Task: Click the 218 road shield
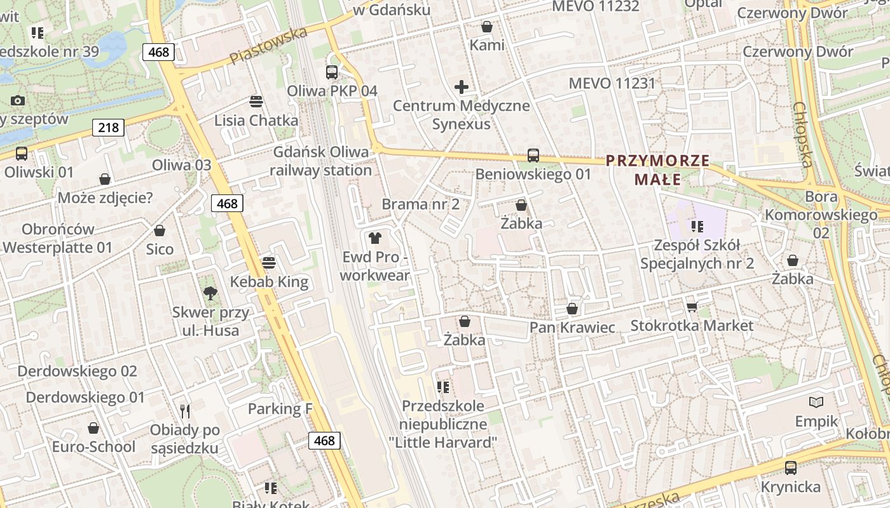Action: point(108,128)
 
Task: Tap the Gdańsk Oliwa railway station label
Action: point(320,161)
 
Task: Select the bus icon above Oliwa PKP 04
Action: point(332,72)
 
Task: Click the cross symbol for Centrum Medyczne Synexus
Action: point(462,87)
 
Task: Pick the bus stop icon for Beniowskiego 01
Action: point(533,155)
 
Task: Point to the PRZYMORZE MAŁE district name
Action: point(657,170)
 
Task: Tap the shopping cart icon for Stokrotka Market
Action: point(692,307)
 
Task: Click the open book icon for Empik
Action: point(816,402)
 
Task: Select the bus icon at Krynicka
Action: point(791,468)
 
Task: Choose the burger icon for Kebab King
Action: point(269,263)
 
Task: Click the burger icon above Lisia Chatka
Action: point(256,102)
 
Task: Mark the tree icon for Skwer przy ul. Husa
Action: point(210,293)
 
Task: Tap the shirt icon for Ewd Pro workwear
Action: point(375,238)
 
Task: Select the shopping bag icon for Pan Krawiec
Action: point(572,309)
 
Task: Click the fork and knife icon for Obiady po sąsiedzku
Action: point(185,411)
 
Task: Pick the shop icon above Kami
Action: point(487,27)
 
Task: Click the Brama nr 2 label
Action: point(420,204)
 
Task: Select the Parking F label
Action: point(280,408)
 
